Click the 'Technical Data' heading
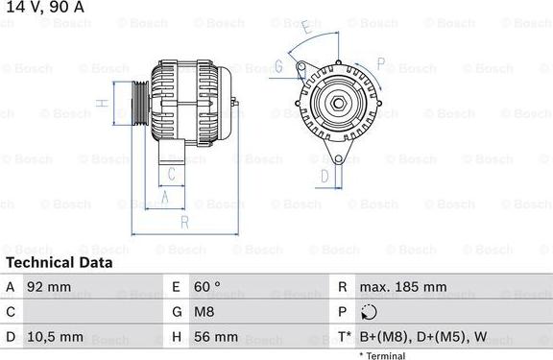[58, 262]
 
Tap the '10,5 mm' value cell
[56, 337]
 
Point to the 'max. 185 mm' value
[402, 287]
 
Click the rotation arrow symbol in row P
[369, 312]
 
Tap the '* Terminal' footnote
[382, 355]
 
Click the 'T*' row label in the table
[343, 337]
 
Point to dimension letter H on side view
[99, 103]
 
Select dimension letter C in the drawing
[171, 174]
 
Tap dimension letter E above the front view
[305, 30]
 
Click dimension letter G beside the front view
[278, 66]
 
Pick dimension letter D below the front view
[325, 176]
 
